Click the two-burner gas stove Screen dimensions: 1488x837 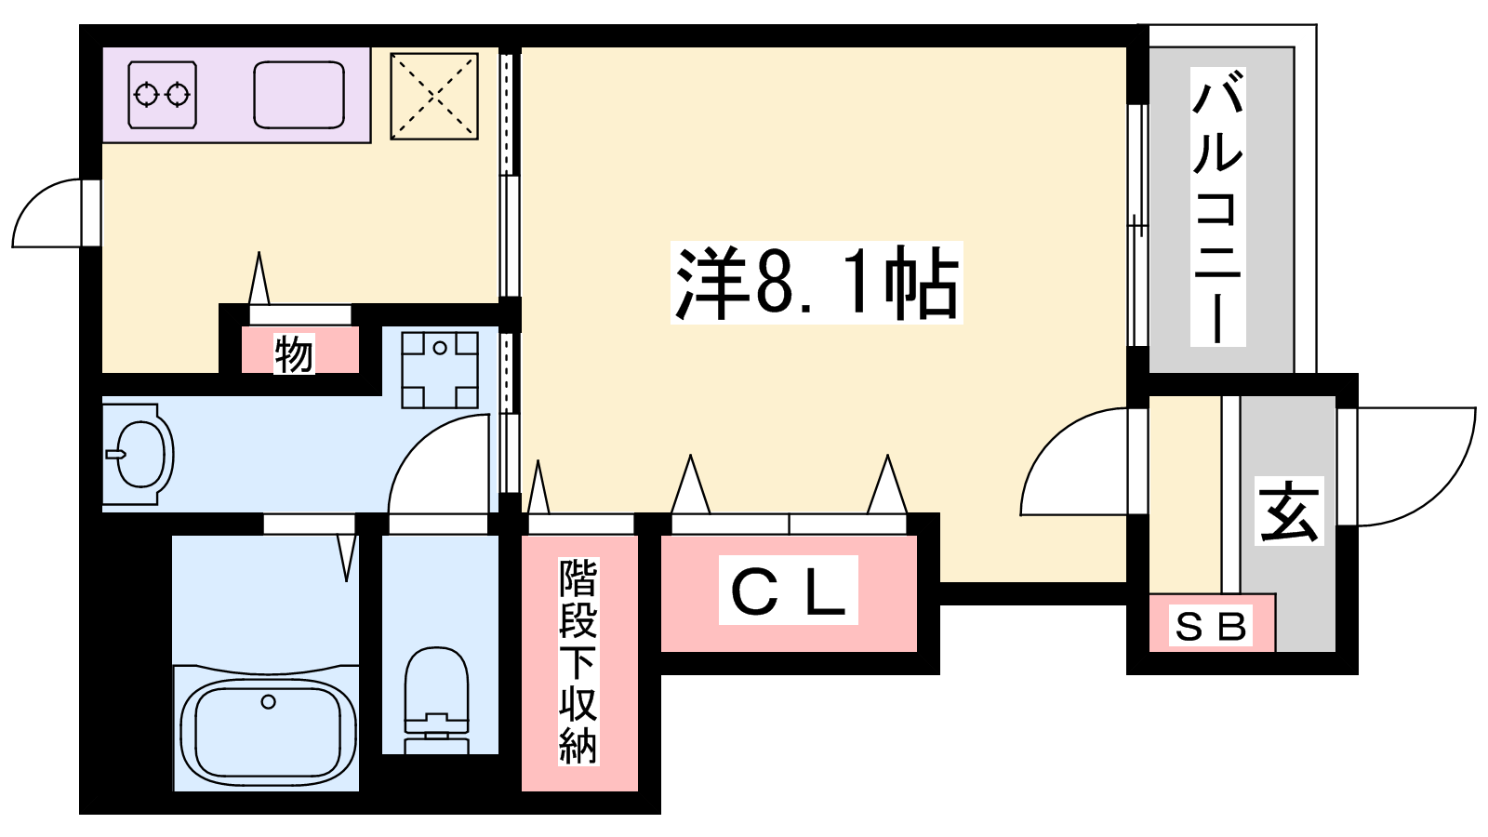coord(163,95)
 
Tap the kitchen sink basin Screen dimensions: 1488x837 coord(299,95)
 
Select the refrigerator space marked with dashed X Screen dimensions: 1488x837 coord(434,97)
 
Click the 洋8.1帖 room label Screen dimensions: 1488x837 coord(817,283)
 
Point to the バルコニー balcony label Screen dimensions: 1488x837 coord(1217,206)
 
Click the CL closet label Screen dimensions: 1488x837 coord(789,590)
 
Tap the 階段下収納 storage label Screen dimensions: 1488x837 coord(578,661)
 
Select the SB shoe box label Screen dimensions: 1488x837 coord(1210,626)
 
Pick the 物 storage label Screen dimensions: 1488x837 coord(294,353)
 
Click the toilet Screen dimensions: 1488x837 coord(436,700)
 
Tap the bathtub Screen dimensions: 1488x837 coord(267,729)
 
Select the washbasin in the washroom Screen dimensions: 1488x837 coord(139,455)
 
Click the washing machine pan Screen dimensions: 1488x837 coord(440,369)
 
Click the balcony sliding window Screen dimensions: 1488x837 coord(1138,225)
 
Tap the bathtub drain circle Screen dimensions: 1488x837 coord(269,701)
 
